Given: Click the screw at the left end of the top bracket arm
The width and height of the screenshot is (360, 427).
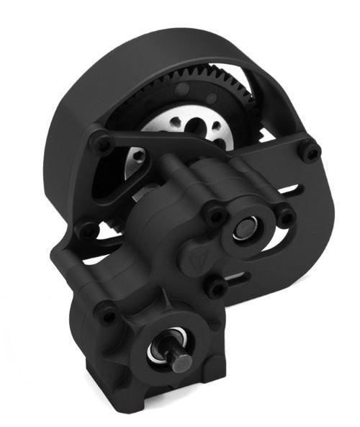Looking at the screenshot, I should tap(102, 144).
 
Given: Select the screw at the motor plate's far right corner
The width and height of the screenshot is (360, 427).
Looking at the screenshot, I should tap(312, 152).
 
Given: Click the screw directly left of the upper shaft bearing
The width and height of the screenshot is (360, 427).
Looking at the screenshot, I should tap(214, 215).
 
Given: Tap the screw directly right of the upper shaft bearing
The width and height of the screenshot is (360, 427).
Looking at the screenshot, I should tap(286, 216).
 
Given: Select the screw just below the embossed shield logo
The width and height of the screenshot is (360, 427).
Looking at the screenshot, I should tap(216, 288).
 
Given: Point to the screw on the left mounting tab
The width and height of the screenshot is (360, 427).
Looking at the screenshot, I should tap(87, 231).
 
